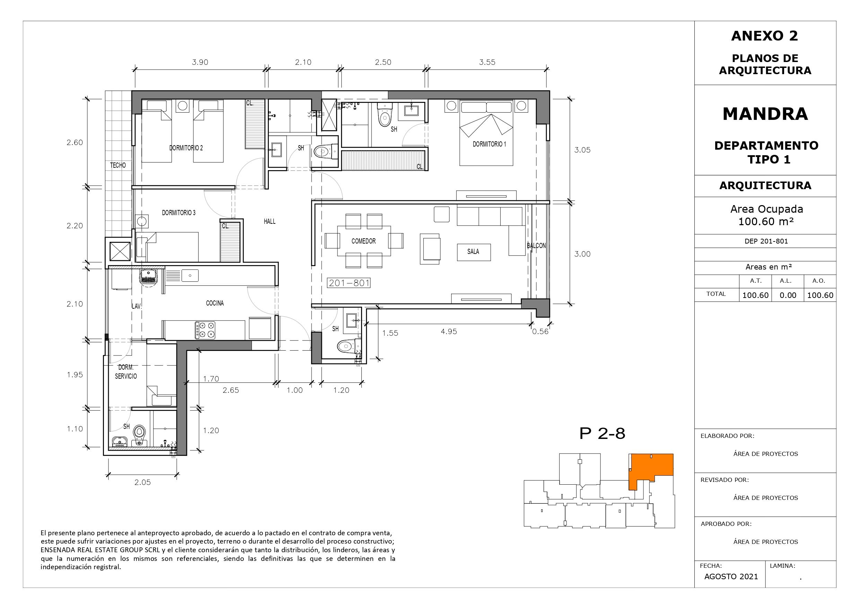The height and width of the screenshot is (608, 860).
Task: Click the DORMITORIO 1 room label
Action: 489,144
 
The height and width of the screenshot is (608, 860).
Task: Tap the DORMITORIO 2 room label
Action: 186,148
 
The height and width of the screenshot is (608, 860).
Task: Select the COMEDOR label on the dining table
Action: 363,241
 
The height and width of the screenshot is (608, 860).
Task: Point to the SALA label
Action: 473,252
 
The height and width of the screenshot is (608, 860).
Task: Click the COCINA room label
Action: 215,303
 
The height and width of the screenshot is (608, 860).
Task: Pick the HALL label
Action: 270,221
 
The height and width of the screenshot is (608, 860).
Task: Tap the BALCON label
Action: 536,246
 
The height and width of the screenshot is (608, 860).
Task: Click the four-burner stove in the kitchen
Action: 205,331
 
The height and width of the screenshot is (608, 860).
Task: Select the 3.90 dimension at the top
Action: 200,62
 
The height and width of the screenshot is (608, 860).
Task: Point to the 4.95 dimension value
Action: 449,332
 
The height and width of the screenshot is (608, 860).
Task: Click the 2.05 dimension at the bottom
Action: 142,483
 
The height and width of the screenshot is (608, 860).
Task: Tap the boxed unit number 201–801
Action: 349,283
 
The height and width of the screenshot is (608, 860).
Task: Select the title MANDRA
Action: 765,114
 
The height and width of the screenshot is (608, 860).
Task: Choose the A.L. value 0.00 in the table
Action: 788,295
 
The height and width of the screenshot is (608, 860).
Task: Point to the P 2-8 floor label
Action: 602,433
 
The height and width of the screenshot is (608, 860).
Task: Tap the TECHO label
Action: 118,165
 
